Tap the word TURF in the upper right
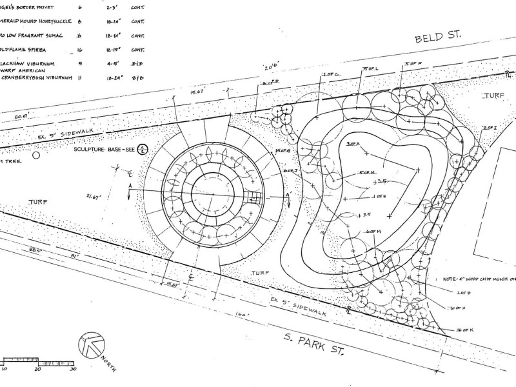point(495,95)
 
